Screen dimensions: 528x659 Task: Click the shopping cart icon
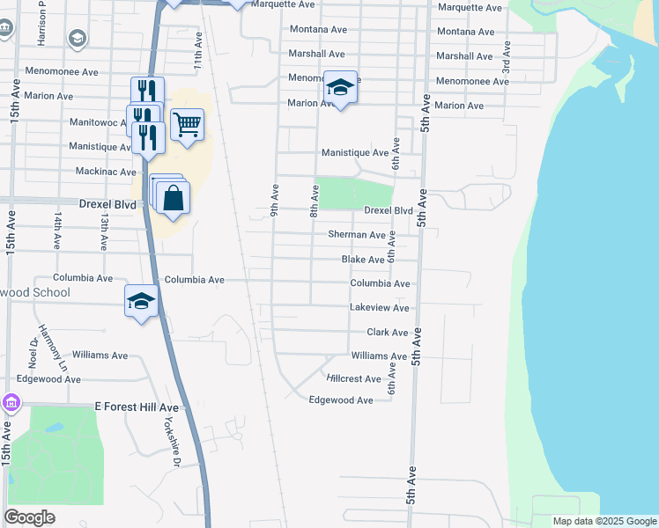[x=188, y=126]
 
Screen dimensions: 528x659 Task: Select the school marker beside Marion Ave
[x=340, y=88]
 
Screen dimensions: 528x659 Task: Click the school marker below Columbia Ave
[x=141, y=302]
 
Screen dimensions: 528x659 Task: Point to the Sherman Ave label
[x=357, y=235]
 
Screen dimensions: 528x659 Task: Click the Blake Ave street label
[x=363, y=260]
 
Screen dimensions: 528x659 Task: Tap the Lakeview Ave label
[x=379, y=308]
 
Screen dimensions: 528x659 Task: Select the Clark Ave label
[x=387, y=333]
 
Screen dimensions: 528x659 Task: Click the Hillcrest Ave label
[x=353, y=378]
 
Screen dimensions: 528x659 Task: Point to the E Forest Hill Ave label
[x=137, y=407]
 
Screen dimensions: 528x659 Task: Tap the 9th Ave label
[x=275, y=199]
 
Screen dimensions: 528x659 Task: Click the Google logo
[x=29, y=517]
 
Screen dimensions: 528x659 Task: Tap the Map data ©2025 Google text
[x=603, y=521]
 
